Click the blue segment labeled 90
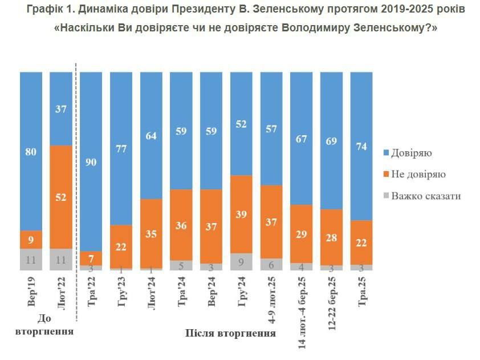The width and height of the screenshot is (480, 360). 91,161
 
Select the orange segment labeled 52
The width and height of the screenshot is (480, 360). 61,197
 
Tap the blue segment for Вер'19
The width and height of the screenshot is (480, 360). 31,151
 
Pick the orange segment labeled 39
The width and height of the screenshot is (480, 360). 242,214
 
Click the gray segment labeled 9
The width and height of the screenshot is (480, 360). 242,262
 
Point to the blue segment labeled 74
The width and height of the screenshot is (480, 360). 361,146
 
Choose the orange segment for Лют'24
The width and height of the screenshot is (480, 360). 152,233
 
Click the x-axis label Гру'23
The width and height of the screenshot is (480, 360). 121,292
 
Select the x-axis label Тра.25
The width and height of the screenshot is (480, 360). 361,292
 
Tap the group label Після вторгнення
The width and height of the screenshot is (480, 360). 231,333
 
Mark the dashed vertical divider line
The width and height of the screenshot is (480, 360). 76,200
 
